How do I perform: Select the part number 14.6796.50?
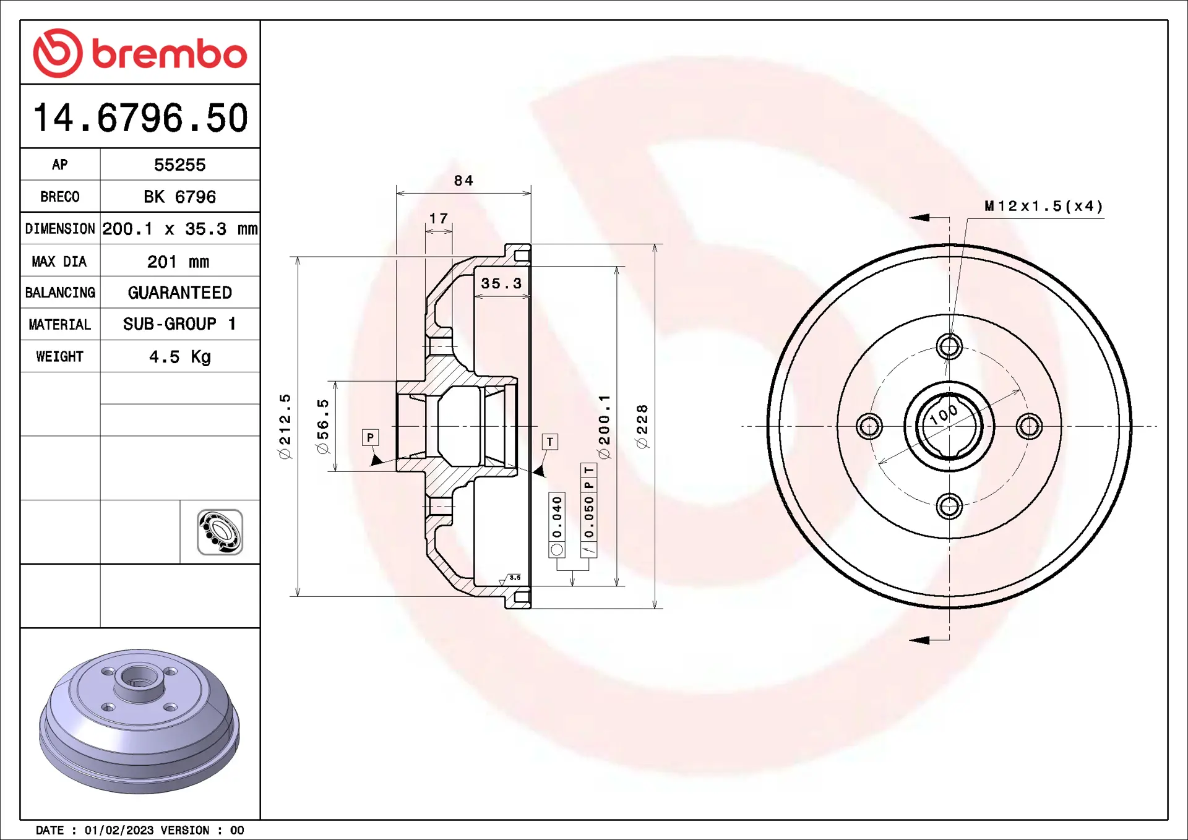pyautogui.click(x=140, y=118)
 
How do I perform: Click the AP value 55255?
pyautogui.click(x=179, y=165)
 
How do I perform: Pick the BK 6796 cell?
pyautogui.click(x=179, y=197)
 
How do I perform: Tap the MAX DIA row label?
pyautogui.click(x=59, y=262)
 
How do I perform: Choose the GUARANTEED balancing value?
pyautogui.click(x=179, y=293)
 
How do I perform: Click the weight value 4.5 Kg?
pyautogui.click(x=179, y=357)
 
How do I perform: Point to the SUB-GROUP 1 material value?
pyautogui.click(x=179, y=324)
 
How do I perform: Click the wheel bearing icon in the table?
pyautogui.click(x=220, y=532)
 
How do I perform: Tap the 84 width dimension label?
pyautogui.click(x=463, y=181)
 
